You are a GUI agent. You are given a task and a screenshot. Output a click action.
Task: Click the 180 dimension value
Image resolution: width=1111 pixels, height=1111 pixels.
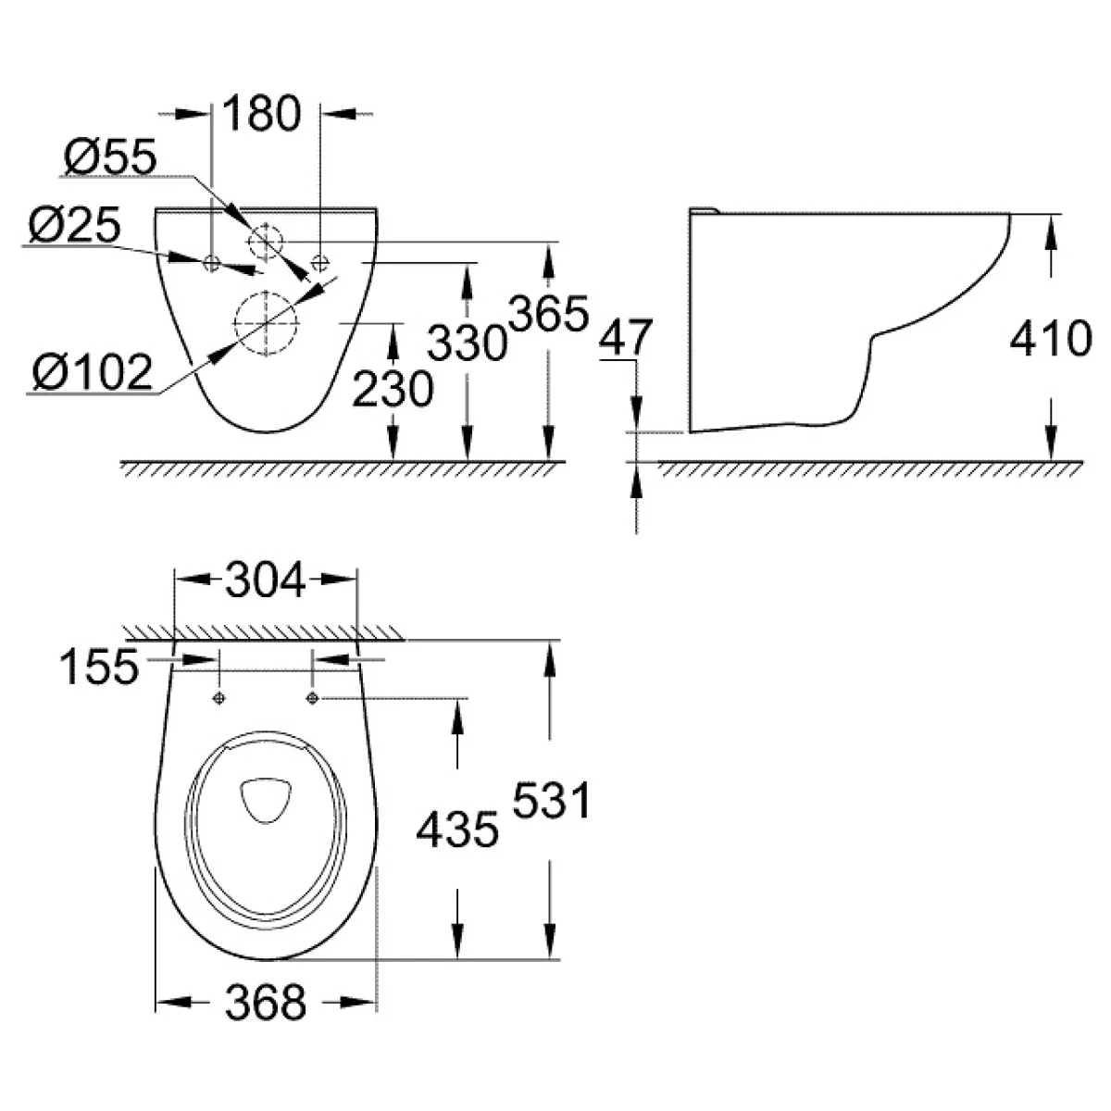click(261, 114)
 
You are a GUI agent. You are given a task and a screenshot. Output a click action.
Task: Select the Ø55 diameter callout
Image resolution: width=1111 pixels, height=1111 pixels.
click(110, 156)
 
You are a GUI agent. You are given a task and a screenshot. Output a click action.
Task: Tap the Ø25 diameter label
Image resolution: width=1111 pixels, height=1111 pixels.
click(75, 225)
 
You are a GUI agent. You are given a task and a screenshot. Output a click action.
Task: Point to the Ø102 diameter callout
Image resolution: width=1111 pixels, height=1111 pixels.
click(93, 372)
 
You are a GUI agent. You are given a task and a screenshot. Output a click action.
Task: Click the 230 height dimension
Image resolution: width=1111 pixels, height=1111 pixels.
click(393, 389)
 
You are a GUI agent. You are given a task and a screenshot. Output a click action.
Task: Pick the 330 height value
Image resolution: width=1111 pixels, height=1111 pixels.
click(467, 343)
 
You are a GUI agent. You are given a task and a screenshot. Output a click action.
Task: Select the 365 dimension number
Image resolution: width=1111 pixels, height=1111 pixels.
click(549, 313)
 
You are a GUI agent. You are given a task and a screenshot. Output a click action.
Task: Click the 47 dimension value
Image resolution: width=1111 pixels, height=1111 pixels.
click(626, 337)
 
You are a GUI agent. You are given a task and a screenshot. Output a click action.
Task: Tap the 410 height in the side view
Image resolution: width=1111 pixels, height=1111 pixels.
click(1051, 339)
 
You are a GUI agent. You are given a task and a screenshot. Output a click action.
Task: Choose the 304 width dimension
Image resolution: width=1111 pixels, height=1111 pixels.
click(265, 580)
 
